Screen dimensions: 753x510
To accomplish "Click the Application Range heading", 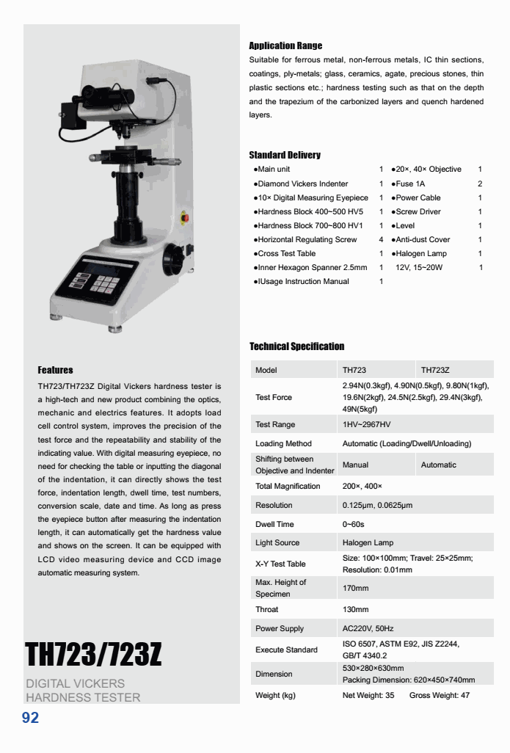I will tap(285, 46).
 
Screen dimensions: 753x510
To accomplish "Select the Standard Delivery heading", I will tap(285, 155).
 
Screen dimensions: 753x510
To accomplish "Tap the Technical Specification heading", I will tap(296, 346).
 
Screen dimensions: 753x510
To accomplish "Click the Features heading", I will tap(55, 370).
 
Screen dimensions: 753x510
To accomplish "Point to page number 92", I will tap(30, 718).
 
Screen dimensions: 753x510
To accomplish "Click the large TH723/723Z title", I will tap(93, 654).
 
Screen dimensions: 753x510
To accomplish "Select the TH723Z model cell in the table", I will tap(435, 370).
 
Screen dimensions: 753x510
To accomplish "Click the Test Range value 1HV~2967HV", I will tap(366, 424).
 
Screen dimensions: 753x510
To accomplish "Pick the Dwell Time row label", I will tap(274, 524).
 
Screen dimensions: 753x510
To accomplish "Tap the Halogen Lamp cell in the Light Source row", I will tap(368, 542).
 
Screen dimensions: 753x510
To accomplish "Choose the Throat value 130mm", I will tap(355, 609).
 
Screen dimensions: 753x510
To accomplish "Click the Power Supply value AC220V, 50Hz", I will tap(368, 628).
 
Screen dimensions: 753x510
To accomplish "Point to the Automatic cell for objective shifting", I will tap(438, 465).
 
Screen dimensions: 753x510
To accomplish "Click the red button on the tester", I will tap(183, 217).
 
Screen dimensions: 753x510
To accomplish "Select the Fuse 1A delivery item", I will tap(409, 183).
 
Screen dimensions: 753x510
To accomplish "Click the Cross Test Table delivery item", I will tap(286, 253).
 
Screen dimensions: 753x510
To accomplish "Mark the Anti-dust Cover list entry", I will tap(423, 239).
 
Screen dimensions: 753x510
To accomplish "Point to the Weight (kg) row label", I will tap(275, 695).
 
